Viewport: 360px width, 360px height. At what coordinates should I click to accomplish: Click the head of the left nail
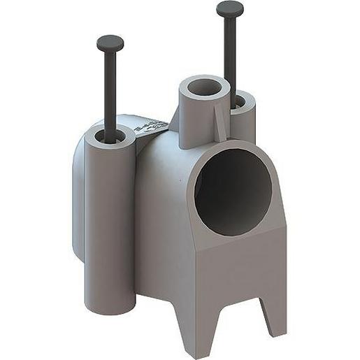point(110,43)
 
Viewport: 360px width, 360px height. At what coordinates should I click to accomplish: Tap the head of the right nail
point(229,9)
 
